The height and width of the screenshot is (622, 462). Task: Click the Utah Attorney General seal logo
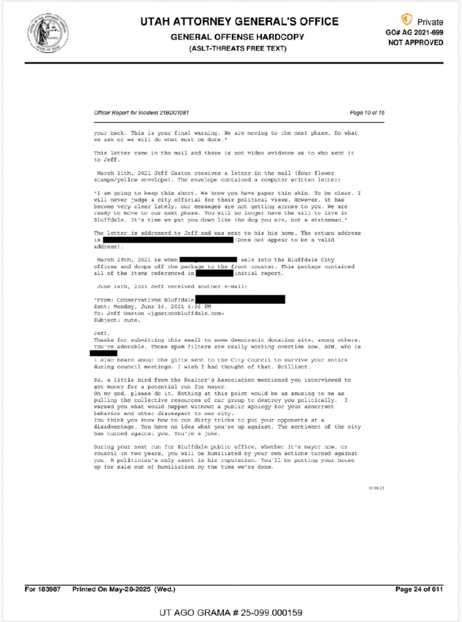point(47,32)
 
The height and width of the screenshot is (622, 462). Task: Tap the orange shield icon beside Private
point(407,20)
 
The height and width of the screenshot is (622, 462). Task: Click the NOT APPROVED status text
point(416,43)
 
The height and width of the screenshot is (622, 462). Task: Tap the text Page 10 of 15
point(367,113)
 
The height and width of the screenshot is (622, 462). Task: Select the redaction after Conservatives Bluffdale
point(248,299)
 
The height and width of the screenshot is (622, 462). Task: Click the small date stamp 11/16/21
point(376,488)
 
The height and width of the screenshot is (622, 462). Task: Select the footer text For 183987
point(42,589)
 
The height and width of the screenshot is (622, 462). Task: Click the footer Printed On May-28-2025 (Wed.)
point(124,589)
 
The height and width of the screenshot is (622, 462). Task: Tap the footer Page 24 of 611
point(419,589)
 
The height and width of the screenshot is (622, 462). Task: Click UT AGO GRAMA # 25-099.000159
point(231,612)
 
